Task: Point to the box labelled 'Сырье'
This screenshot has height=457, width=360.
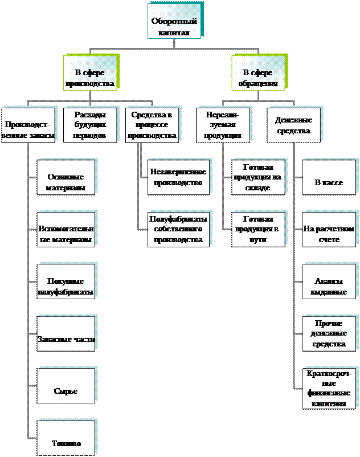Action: point(66,391)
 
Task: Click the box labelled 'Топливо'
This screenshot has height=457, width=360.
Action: point(66,443)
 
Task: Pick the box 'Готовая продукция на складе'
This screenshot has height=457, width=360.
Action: point(258,177)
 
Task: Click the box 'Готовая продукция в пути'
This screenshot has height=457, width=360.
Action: point(258,229)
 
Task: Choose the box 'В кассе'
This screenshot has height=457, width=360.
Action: point(328,182)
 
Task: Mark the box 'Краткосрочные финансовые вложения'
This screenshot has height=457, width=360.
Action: point(329,388)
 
